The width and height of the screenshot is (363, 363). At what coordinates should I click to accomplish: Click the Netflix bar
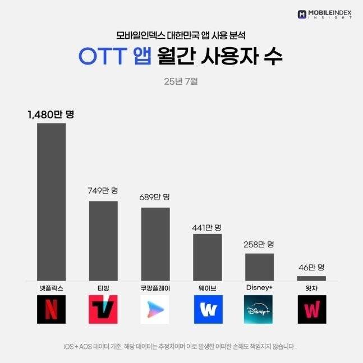51,202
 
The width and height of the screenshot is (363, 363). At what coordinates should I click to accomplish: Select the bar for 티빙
103,241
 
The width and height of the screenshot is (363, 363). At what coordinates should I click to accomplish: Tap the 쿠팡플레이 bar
155,244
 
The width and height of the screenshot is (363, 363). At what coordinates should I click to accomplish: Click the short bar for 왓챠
311,278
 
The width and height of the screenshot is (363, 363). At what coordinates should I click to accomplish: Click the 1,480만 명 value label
51,114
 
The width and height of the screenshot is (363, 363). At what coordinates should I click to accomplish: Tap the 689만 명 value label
155,197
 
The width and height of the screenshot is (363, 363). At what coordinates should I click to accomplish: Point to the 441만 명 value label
207,227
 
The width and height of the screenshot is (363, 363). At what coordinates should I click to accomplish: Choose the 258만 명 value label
259,245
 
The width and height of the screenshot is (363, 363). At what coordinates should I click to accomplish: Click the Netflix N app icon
51,310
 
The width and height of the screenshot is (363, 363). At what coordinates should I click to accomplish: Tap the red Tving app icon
103,310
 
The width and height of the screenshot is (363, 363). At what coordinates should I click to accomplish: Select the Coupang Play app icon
155,310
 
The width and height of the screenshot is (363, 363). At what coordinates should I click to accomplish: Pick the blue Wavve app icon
208,310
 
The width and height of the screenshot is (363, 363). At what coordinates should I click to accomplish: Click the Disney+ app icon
259,310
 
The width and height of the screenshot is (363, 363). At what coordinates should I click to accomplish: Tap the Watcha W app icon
311,310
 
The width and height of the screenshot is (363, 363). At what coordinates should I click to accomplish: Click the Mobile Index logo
325,13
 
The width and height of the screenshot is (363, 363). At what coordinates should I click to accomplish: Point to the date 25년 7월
181,81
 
